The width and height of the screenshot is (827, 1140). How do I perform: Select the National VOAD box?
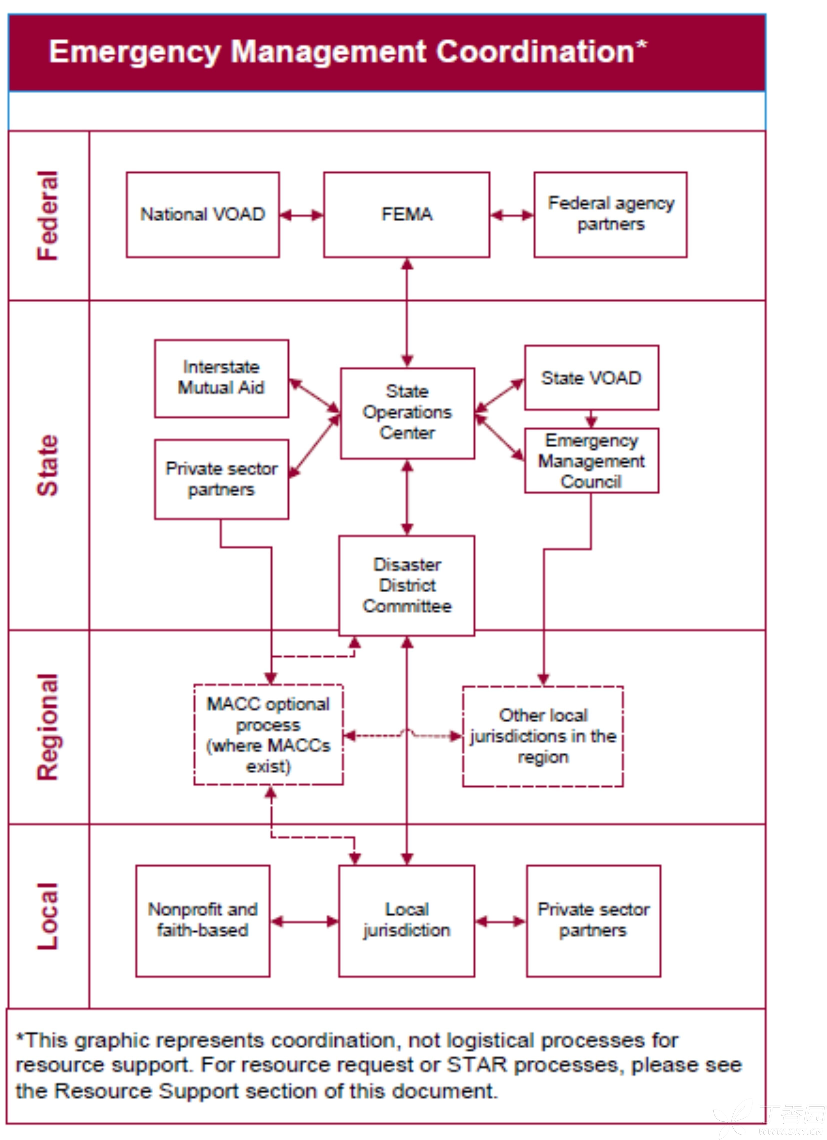[203, 215]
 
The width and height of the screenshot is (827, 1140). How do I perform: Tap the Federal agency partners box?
[610, 215]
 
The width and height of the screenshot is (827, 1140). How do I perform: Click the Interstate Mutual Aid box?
[221, 378]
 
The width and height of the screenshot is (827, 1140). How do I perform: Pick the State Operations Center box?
[407, 413]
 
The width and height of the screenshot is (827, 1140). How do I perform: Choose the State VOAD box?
[591, 378]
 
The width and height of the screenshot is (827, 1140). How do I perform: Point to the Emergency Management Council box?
[591, 460]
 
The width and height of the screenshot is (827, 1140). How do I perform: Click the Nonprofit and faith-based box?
[203, 921]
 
